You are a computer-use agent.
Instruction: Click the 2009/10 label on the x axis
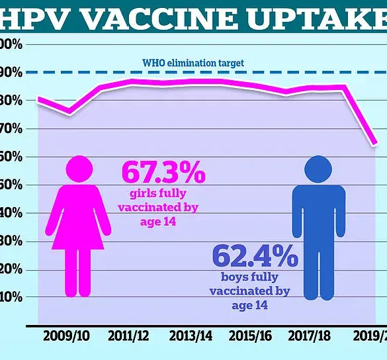(x=66, y=336)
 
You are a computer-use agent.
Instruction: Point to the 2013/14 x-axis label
(x=191, y=336)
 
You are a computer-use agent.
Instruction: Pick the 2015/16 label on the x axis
(x=251, y=336)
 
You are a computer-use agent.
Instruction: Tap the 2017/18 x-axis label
(x=311, y=336)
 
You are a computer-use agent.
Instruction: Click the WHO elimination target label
(x=193, y=64)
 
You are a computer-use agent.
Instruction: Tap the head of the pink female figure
(x=79, y=169)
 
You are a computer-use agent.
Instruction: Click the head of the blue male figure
(x=318, y=169)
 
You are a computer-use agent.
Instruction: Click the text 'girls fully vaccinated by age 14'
(x=158, y=207)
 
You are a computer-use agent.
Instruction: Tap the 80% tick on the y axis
(x=11, y=101)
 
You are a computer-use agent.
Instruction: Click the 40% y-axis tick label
(x=11, y=214)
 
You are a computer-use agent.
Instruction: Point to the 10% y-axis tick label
(x=11, y=298)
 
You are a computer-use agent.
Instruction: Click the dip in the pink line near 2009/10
(x=69, y=113)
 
